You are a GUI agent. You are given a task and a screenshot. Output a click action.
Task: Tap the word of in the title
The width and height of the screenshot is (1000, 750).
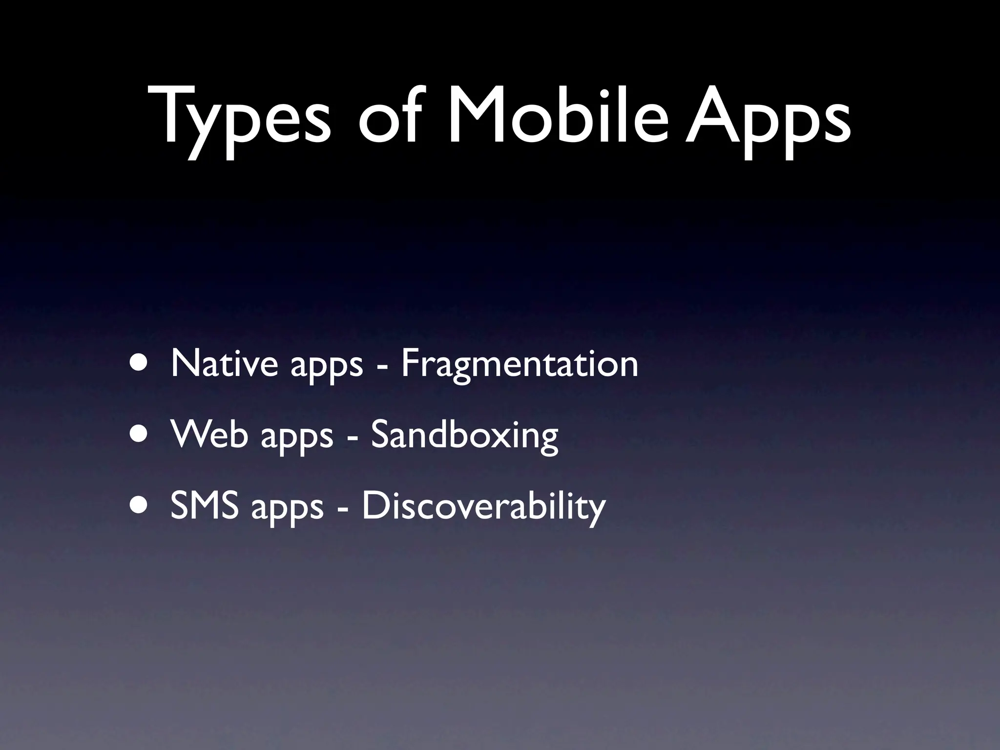(388, 117)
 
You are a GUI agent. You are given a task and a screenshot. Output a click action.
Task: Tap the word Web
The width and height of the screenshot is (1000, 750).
(209, 434)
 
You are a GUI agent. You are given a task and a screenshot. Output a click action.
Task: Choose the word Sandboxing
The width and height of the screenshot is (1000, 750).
(464, 436)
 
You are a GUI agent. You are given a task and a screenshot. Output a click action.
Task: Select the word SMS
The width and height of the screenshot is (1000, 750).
(205, 506)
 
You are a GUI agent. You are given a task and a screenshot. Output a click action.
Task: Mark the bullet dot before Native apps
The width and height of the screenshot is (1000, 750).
(138, 364)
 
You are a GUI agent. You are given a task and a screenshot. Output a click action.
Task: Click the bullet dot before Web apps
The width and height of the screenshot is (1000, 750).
(138, 435)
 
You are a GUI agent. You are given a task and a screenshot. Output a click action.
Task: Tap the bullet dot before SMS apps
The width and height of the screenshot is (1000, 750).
(138, 507)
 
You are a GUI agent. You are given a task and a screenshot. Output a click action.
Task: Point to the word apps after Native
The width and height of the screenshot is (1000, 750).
(327, 366)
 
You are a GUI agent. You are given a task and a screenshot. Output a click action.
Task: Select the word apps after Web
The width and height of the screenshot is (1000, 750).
(296, 437)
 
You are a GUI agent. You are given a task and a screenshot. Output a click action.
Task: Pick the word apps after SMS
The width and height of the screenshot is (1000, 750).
(287, 509)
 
